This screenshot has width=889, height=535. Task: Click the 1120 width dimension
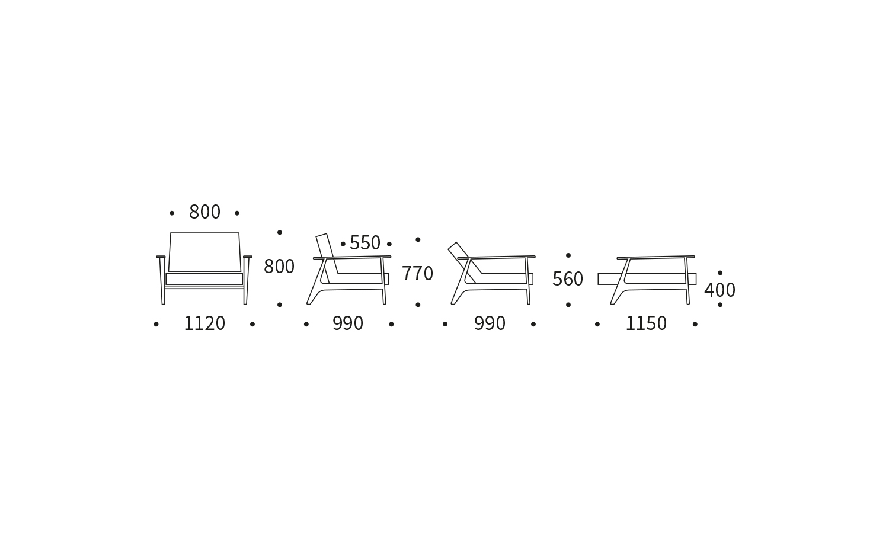[204, 323]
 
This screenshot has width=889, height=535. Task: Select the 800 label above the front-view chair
[204, 212]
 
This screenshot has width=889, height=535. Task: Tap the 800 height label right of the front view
[279, 266]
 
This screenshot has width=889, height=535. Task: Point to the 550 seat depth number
[364, 242]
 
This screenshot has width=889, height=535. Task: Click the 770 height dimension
[417, 274]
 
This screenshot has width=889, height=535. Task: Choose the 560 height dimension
[568, 279]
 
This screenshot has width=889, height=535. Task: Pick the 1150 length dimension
[646, 323]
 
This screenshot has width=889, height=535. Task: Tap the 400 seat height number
[719, 290]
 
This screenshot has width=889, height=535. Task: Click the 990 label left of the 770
[348, 323]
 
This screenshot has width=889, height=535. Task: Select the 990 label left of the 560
[490, 323]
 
